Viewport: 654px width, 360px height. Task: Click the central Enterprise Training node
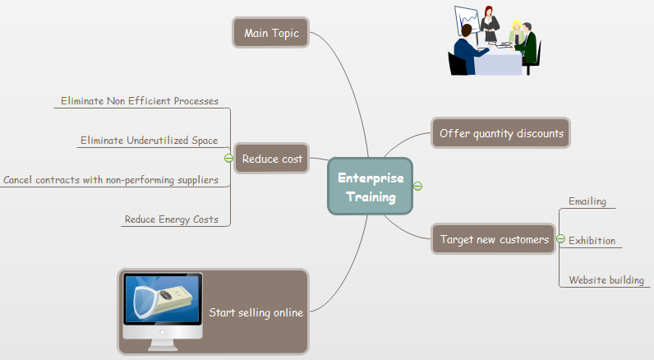click(x=371, y=187)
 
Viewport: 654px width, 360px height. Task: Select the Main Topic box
click(x=271, y=34)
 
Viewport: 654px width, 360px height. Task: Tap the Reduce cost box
click(x=271, y=159)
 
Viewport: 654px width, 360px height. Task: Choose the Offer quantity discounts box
click(x=501, y=133)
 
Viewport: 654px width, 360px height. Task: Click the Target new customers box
click(x=494, y=239)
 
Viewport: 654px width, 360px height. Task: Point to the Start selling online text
click(x=256, y=312)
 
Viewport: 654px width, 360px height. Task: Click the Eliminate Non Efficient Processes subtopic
click(x=140, y=101)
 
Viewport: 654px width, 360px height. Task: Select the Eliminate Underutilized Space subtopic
click(x=149, y=141)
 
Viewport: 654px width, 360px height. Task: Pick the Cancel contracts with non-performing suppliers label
click(x=111, y=179)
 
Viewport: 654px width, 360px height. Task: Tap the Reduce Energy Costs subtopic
click(x=171, y=219)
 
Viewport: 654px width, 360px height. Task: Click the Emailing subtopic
click(x=587, y=201)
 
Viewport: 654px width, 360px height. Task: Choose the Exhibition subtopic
click(x=592, y=241)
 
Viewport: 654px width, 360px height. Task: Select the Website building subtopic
click(x=606, y=280)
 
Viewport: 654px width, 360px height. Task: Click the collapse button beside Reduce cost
click(x=228, y=159)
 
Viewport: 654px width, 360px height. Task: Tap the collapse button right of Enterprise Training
click(x=417, y=186)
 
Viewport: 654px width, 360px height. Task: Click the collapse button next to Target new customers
click(x=560, y=239)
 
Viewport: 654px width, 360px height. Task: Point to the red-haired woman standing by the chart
click(x=491, y=25)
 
